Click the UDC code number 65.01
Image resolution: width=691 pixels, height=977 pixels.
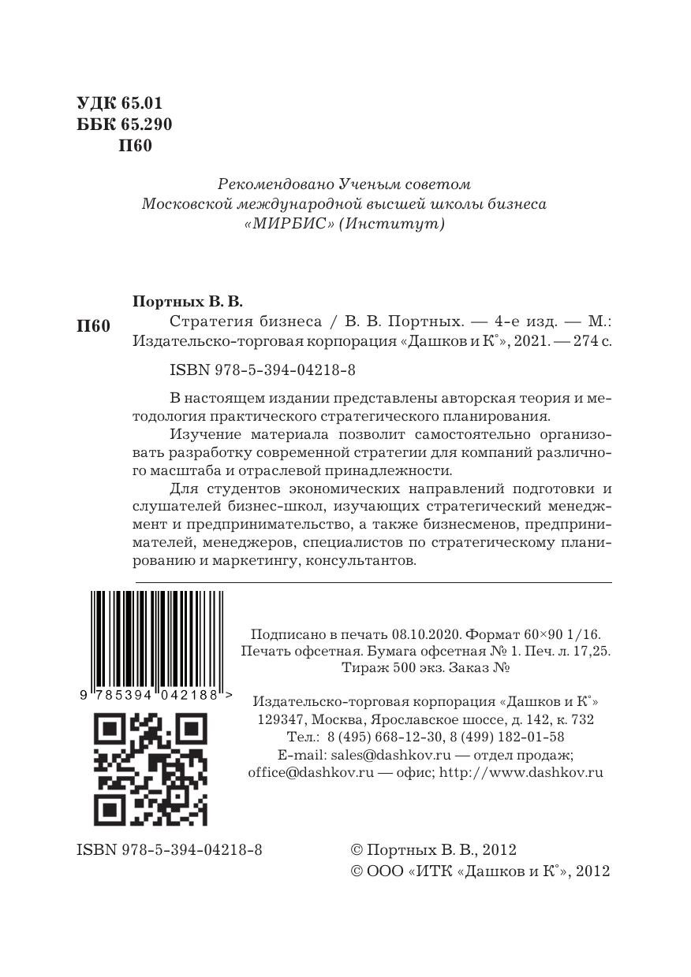pos(142,103)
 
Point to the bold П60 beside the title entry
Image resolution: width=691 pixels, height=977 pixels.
pos(93,325)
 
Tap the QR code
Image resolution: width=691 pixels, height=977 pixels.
pos(151,769)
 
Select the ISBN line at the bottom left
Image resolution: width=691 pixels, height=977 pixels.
pos(170,849)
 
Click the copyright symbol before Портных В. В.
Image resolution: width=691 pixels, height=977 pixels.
pos(356,850)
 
